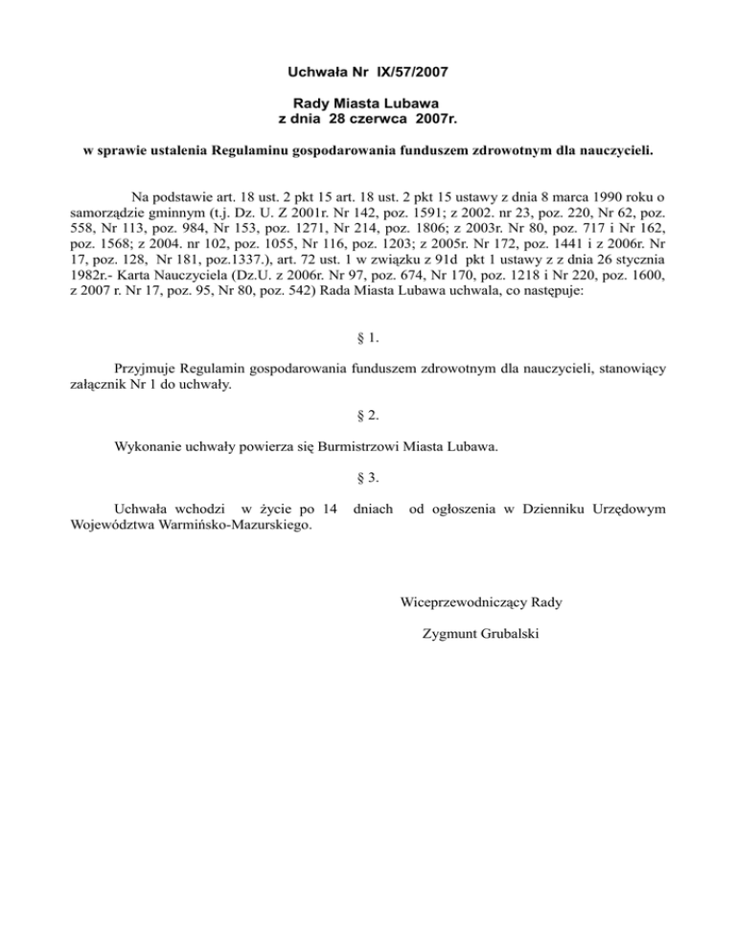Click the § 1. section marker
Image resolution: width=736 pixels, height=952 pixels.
(368, 338)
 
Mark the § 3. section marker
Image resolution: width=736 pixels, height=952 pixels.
(368, 476)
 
